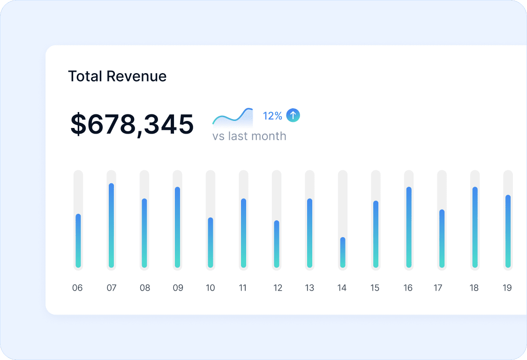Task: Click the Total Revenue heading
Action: (x=117, y=76)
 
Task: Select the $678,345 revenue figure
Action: (x=132, y=124)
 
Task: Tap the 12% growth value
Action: (x=272, y=116)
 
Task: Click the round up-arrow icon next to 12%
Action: (x=293, y=115)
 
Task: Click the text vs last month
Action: (x=249, y=136)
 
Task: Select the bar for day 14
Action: (x=343, y=252)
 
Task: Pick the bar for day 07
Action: (x=112, y=225)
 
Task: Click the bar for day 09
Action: (x=178, y=227)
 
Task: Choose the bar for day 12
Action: (x=277, y=244)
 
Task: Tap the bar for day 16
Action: (x=409, y=227)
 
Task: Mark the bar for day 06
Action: (x=78, y=240)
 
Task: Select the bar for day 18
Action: (x=475, y=227)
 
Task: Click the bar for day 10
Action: (x=211, y=242)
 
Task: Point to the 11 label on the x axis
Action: (x=243, y=288)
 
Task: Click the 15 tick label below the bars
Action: (x=375, y=288)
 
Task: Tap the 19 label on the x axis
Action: (x=507, y=288)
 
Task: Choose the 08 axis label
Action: (x=145, y=288)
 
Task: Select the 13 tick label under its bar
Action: (x=309, y=288)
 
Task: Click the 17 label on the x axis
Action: (x=438, y=288)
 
